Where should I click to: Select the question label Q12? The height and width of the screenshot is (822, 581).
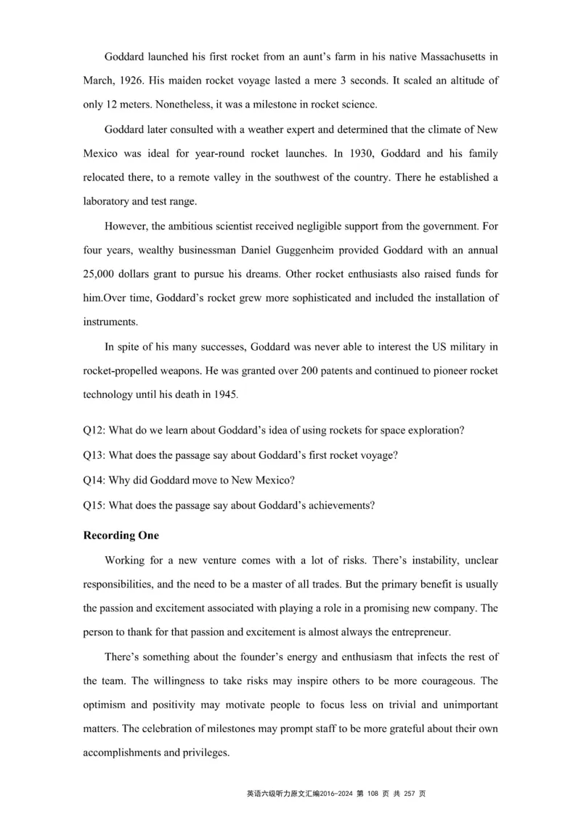click(x=94, y=430)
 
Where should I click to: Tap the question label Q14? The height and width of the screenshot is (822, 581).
click(x=94, y=480)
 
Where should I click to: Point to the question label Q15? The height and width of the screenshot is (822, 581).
click(x=94, y=505)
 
